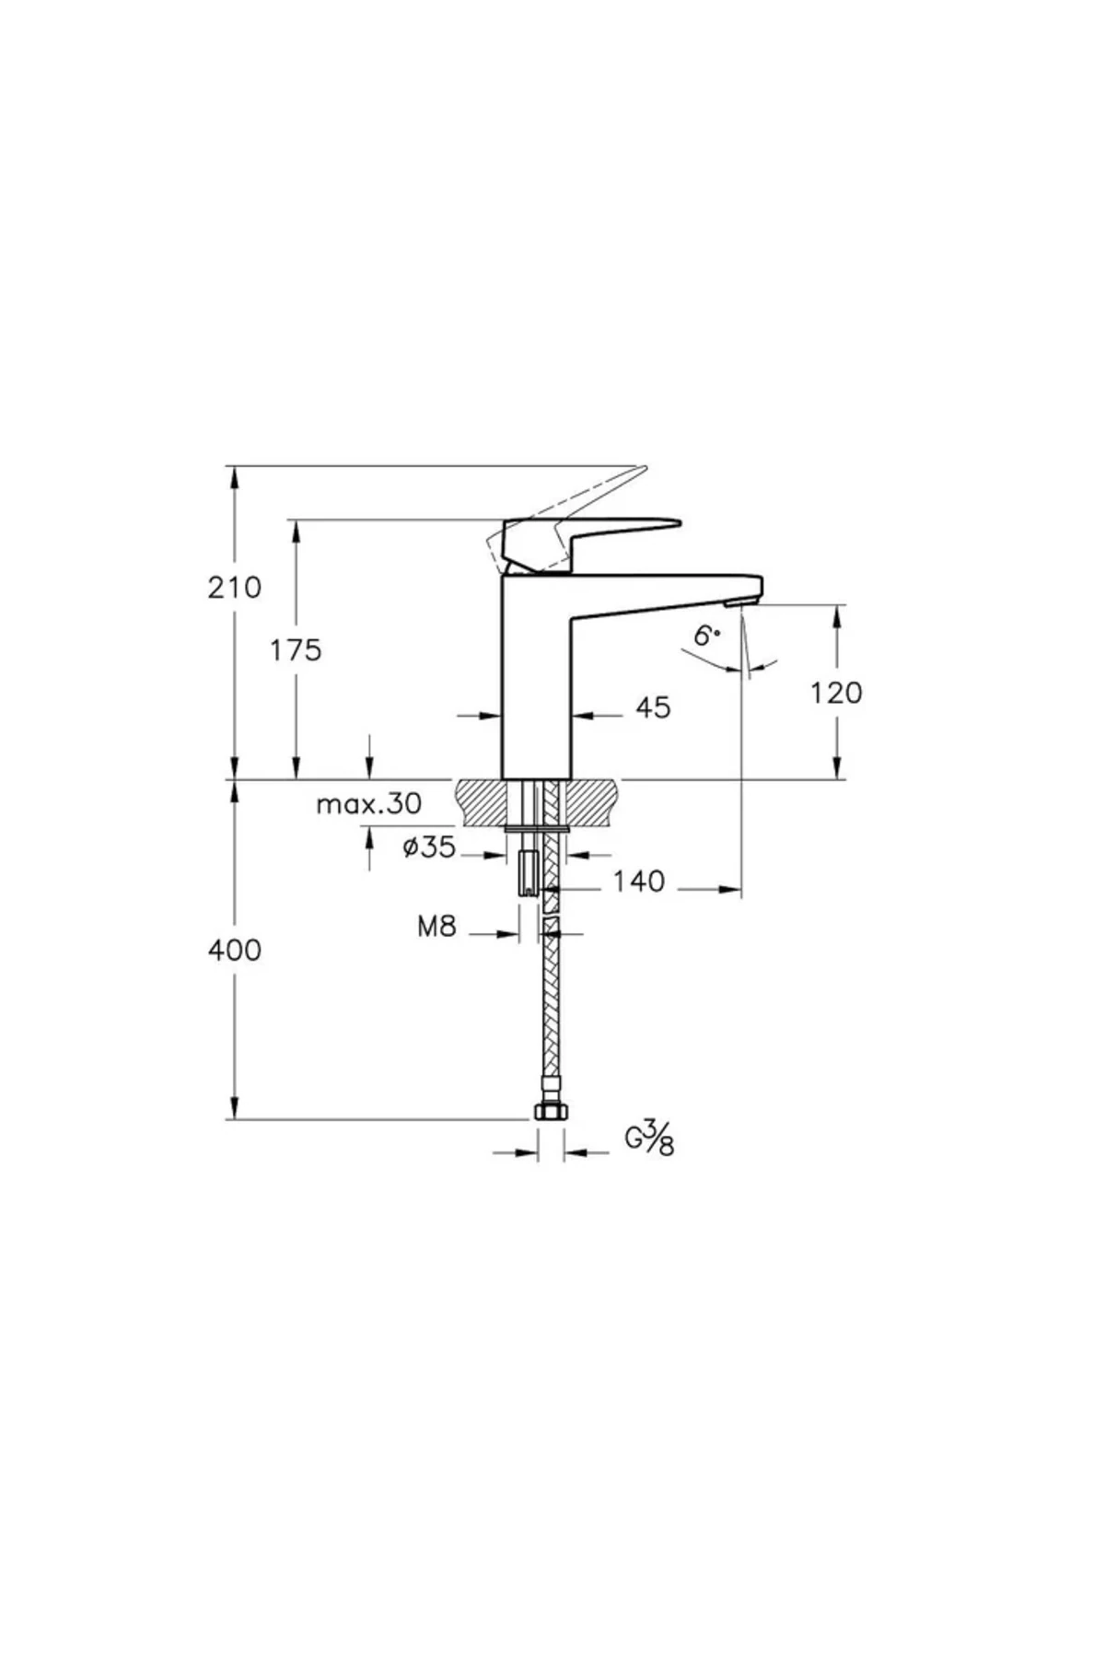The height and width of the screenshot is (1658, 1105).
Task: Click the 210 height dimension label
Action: coord(234,587)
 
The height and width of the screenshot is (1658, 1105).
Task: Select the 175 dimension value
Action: coord(296,650)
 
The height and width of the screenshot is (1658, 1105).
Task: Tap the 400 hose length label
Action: coord(234,950)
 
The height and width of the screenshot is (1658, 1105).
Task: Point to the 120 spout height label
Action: coord(836,692)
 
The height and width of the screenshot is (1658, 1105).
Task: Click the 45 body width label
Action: coord(653,707)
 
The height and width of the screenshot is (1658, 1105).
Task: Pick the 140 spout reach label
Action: coord(639,882)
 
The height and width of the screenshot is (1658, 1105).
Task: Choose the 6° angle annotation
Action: coord(706,635)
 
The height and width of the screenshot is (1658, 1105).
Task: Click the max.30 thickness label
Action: coord(368,804)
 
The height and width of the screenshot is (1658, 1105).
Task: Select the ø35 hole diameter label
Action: coord(429,847)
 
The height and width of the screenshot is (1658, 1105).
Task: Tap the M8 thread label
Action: coord(436,926)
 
